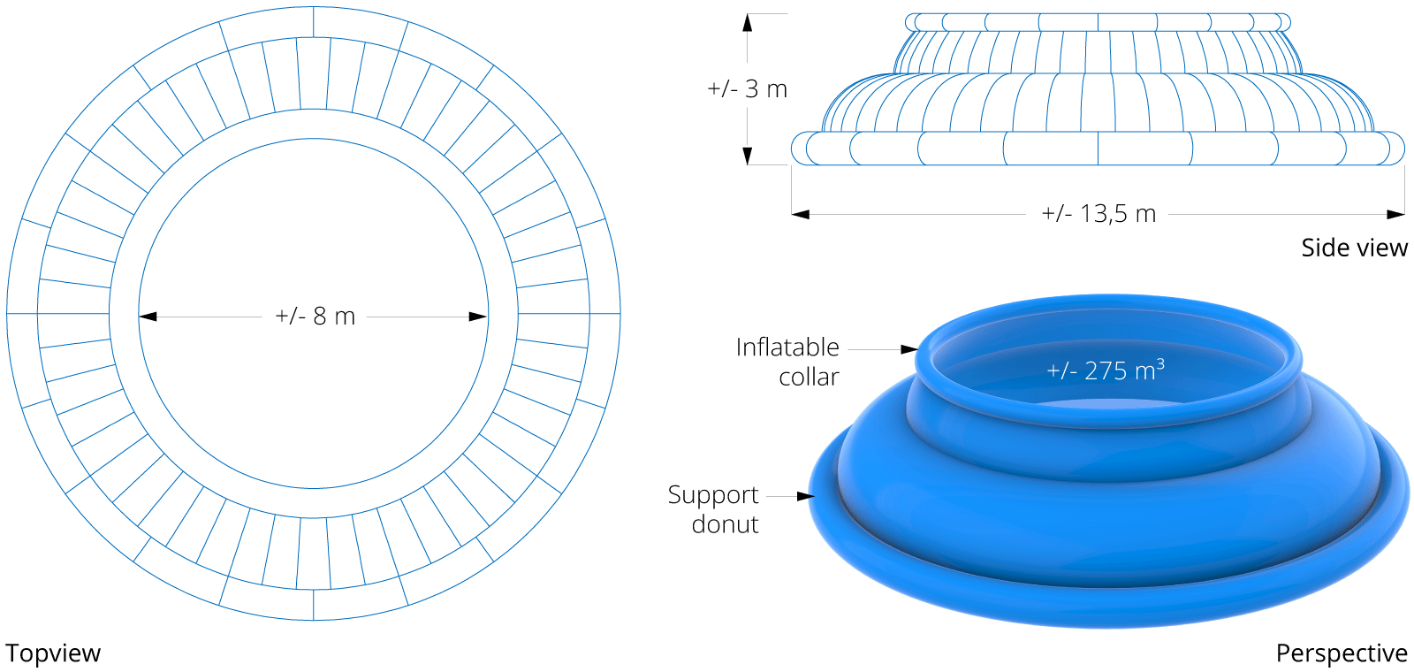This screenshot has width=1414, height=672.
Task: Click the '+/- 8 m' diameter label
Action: coord(315,317)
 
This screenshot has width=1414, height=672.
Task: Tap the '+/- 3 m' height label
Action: coord(748,89)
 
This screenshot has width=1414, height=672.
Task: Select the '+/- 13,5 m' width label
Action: coord(1099,214)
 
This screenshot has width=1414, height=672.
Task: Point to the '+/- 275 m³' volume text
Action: coord(1106,370)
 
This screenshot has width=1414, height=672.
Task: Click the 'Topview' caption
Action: coord(53,653)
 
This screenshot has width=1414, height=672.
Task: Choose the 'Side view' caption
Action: coord(1355,248)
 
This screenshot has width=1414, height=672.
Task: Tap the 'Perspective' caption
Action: coord(1342,653)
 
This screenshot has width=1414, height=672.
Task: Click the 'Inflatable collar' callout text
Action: coord(787,362)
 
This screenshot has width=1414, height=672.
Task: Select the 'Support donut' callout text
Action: coord(713,509)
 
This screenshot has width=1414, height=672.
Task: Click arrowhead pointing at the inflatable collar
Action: coord(909,349)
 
